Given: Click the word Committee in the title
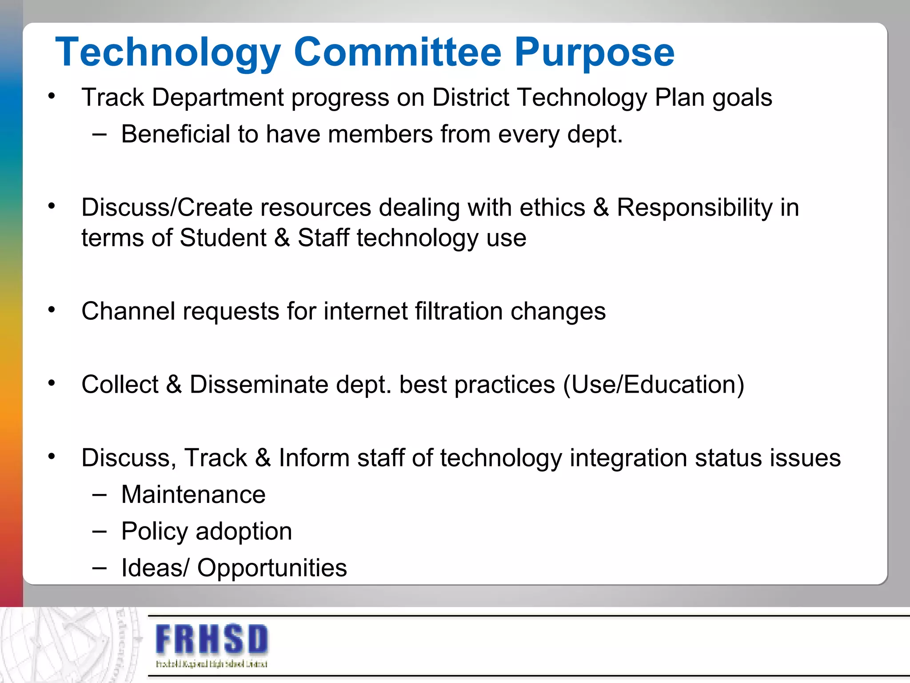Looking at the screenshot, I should click(x=397, y=52).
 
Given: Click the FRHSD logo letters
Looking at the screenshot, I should click(x=212, y=639).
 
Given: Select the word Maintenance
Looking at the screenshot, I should click(x=193, y=494).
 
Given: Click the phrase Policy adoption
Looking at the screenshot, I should click(x=207, y=531).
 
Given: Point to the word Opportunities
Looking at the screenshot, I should click(x=272, y=568).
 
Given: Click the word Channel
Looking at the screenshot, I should click(x=128, y=311).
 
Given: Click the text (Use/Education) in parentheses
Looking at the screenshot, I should click(x=653, y=384).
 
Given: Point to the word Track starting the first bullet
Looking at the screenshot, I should click(x=113, y=97).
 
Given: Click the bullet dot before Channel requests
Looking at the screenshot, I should click(x=52, y=309).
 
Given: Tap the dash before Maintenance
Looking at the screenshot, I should click(x=100, y=495).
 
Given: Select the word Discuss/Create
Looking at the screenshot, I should click(x=167, y=208).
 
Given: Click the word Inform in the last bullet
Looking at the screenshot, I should click(x=314, y=458).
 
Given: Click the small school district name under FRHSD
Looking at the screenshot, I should click(x=212, y=664).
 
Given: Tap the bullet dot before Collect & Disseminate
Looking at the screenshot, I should click(x=52, y=383).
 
